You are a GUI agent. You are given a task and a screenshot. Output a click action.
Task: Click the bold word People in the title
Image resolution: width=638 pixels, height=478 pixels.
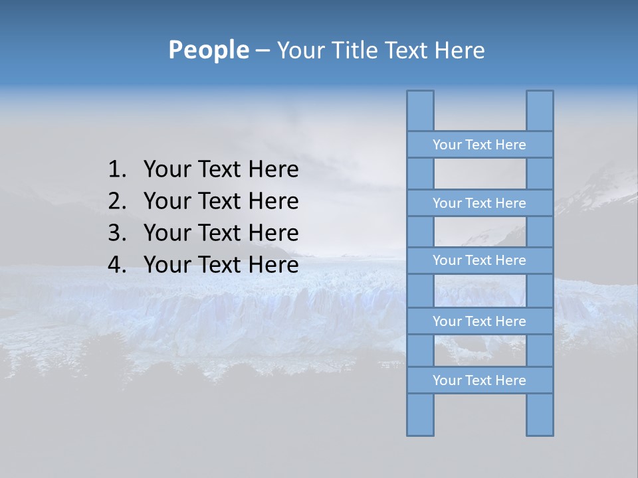(x=207, y=50)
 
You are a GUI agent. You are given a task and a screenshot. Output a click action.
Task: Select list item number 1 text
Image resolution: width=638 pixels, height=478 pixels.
(x=221, y=170)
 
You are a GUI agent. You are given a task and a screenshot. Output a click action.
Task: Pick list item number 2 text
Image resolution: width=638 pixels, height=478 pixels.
(x=221, y=201)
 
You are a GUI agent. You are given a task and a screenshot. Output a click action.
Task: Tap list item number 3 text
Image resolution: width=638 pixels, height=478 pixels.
(x=221, y=233)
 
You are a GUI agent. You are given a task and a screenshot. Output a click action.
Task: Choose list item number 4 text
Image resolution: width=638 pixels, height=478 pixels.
(x=221, y=265)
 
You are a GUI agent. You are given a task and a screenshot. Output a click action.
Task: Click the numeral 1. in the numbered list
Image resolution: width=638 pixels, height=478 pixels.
(x=116, y=170)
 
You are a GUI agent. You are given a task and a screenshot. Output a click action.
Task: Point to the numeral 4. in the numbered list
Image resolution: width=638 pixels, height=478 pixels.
(x=116, y=265)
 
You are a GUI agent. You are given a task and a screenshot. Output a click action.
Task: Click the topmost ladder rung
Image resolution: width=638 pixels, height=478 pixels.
(x=479, y=145)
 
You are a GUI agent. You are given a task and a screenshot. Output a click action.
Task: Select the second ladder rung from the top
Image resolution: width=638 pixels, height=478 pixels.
(x=479, y=203)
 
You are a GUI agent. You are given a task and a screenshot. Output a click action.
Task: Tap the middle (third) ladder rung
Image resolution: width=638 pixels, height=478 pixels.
(x=479, y=260)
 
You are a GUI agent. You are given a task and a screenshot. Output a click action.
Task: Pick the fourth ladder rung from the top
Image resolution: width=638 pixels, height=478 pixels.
(x=479, y=321)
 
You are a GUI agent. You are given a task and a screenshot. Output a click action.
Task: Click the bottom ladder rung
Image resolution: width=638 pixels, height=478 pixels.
(x=479, y=380)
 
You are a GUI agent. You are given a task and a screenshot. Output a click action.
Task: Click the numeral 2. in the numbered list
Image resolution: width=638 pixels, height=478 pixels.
(x=116, y=201)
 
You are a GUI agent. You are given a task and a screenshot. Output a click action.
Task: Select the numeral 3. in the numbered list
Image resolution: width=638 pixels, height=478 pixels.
(x=116, y=233)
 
